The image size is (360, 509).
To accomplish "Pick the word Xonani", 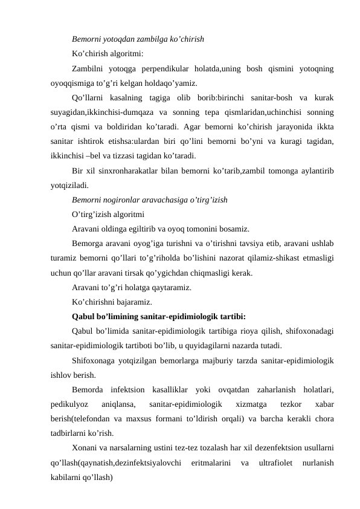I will point(84,448).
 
